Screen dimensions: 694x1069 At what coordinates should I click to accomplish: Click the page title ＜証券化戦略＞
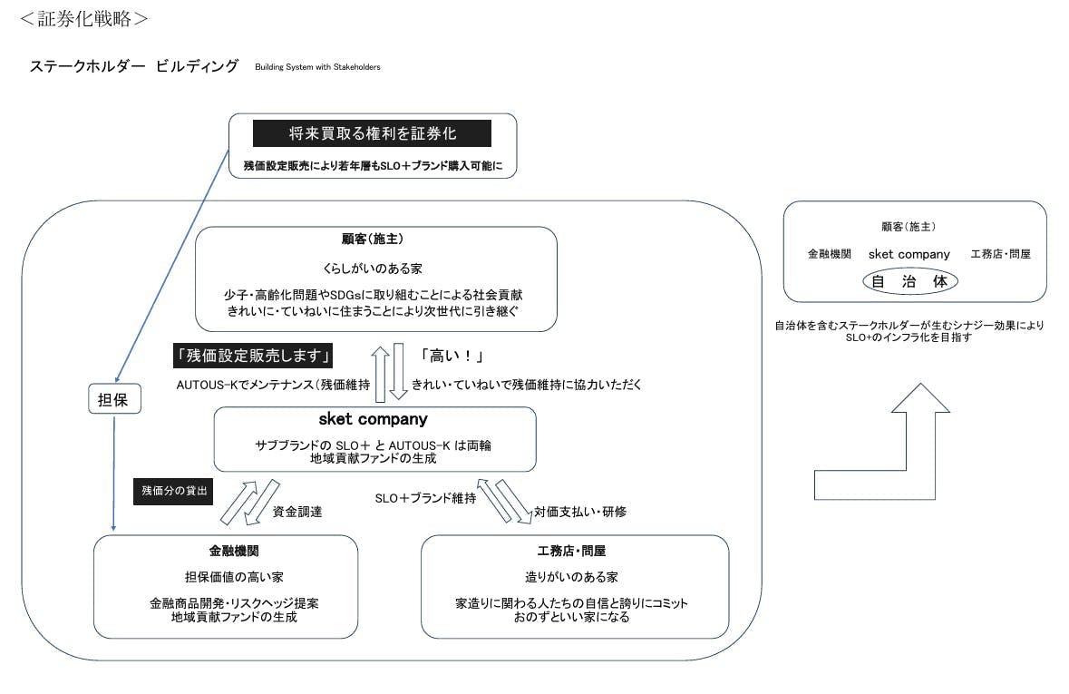coord(84,18)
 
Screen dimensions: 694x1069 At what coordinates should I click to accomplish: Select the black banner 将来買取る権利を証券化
coord(372,133)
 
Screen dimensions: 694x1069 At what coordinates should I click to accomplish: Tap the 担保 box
coord(113,399)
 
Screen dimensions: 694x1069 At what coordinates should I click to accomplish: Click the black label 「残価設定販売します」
coord(254,355)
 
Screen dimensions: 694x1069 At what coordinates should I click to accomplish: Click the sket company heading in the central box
coord(373,420)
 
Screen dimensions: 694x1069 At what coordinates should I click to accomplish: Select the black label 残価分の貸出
coord(173,491)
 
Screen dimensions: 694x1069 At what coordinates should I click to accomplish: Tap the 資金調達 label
coord(297,512)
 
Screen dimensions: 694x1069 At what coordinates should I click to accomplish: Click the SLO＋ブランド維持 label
coord(425,498)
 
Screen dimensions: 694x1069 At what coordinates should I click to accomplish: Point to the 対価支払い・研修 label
coord(579,512)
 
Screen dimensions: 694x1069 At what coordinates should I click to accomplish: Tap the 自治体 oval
coord(909,281)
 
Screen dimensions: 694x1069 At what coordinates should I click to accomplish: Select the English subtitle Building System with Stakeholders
coord(317,67)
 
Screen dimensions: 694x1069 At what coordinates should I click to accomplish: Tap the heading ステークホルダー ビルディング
coord(134,66)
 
